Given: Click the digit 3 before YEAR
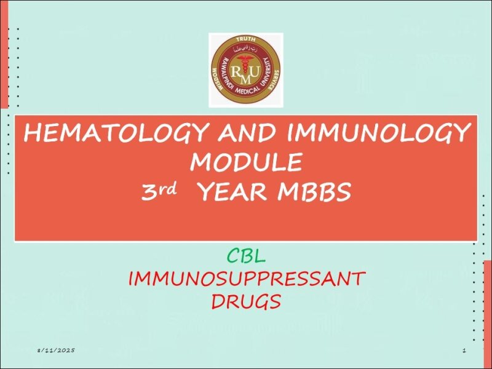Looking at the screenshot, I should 149,193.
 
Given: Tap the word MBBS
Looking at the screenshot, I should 314,193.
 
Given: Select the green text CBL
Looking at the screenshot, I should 246,254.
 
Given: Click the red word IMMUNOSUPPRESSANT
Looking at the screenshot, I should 246,279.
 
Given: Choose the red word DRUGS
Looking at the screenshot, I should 246,301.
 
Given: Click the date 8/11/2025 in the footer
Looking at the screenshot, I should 55,350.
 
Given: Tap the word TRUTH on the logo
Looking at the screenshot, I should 246,39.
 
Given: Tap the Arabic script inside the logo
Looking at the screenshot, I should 246,47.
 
